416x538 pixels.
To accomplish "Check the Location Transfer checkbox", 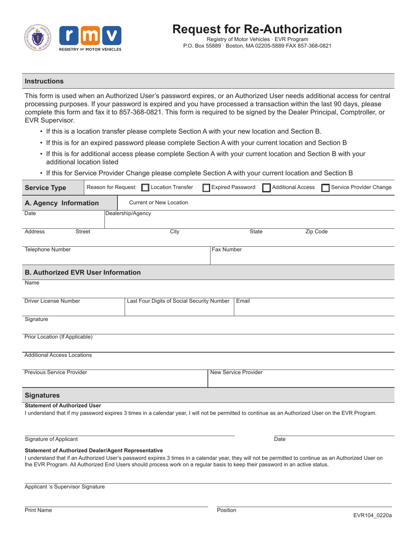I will (x=145, y=188).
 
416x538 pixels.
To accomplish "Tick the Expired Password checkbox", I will (x=206, y=188).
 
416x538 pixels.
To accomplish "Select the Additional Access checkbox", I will (x=266, y=188).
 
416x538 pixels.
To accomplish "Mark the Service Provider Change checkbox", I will (x=325, y=188).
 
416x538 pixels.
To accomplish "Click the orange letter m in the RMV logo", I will (x=90, y=37).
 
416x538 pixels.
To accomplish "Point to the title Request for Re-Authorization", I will (x=257, y=29).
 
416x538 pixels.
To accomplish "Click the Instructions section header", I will (x=44, y=81).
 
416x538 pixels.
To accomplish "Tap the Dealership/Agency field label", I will (x=128, y=213).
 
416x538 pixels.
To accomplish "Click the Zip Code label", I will (x=316, y=232).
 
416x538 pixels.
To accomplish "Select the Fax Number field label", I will (x=227, y=250).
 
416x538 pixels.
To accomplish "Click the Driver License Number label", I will (x=52, y=301).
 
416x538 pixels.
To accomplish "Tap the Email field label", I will (x=243, y=301).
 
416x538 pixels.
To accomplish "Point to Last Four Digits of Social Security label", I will (x=178, y=301).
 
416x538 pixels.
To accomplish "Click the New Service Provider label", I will (x=236, y=372).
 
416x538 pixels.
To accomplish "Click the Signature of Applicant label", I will (x=51, y=439).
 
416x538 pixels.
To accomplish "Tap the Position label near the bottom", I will (x=226, y=510).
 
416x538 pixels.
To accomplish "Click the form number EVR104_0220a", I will (x=373, y=515).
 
